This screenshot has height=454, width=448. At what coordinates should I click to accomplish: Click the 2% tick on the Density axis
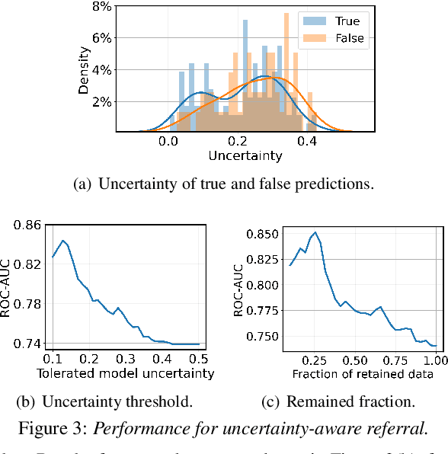pyautogui.click(x=101, y=101)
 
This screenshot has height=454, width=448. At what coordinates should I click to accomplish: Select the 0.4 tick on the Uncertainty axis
pyautogui.click(x=308, y=141)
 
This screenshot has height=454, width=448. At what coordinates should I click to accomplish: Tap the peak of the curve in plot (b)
pyautogui.click(x=63, y=241)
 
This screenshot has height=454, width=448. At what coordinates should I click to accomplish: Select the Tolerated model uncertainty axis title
pyautogui.click(x=126, y=373)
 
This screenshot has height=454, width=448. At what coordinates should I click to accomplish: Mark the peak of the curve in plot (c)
pyautogui.click(x=315, y=232)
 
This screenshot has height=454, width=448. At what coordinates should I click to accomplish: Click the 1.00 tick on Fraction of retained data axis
pyautogui.click(x=435, y=359)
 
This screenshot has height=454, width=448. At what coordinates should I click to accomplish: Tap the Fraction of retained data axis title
pyautogui.click(x=363, y=373)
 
